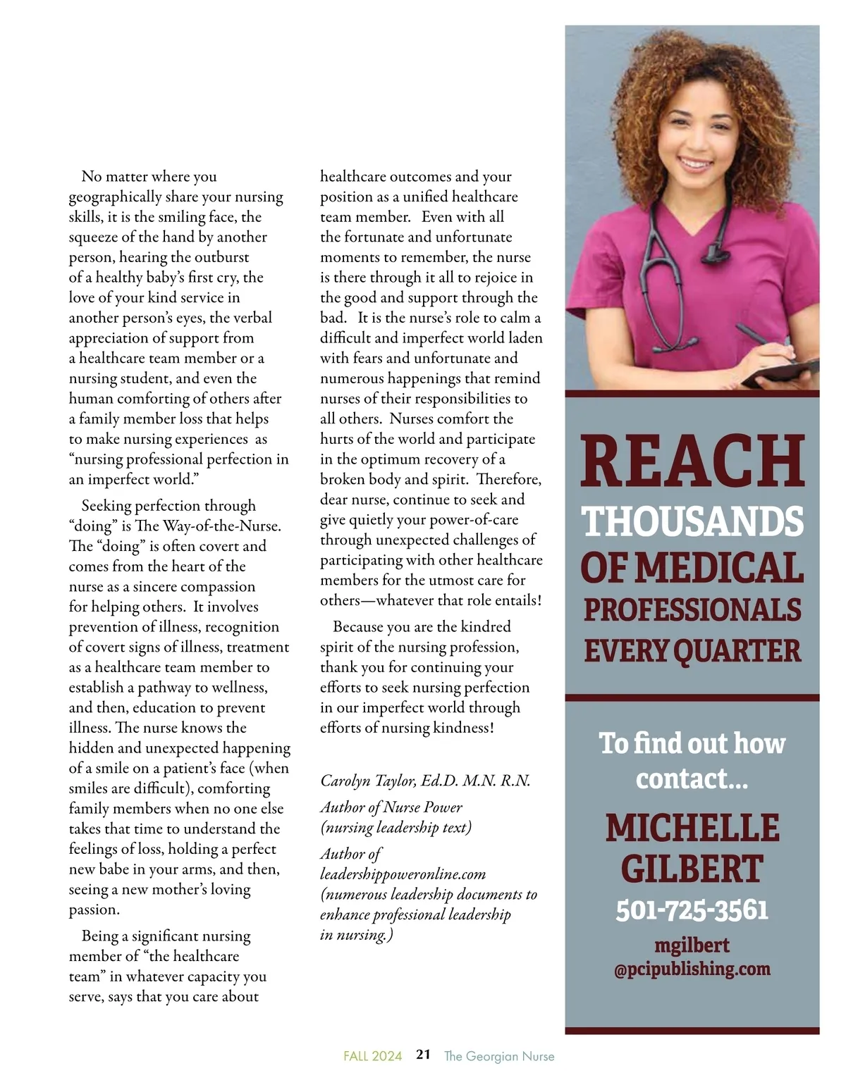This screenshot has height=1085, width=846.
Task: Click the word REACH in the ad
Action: coord(692,461)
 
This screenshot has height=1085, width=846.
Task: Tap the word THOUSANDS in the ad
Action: coord(692,522)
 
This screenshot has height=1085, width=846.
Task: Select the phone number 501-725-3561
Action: coord(692,910)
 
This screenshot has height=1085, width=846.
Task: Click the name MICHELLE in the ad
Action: coord(692,829)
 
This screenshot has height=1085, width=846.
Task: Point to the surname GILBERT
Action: coord(692,869)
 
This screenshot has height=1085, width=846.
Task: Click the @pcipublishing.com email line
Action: coord(692,969)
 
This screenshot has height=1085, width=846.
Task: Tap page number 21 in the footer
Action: coord(423,1055)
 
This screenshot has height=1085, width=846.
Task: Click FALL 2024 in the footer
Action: coord(372,1056)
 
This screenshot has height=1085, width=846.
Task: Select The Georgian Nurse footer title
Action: coord(499,1056)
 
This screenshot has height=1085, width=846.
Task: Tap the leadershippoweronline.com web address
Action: coord(403,874)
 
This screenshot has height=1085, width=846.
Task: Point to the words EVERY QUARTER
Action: coord(692,651)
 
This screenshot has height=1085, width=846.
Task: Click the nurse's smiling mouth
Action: coord(696,164)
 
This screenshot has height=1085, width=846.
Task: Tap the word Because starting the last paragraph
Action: coord(359,627)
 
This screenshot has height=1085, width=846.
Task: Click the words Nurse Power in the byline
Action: coord(432,807)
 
